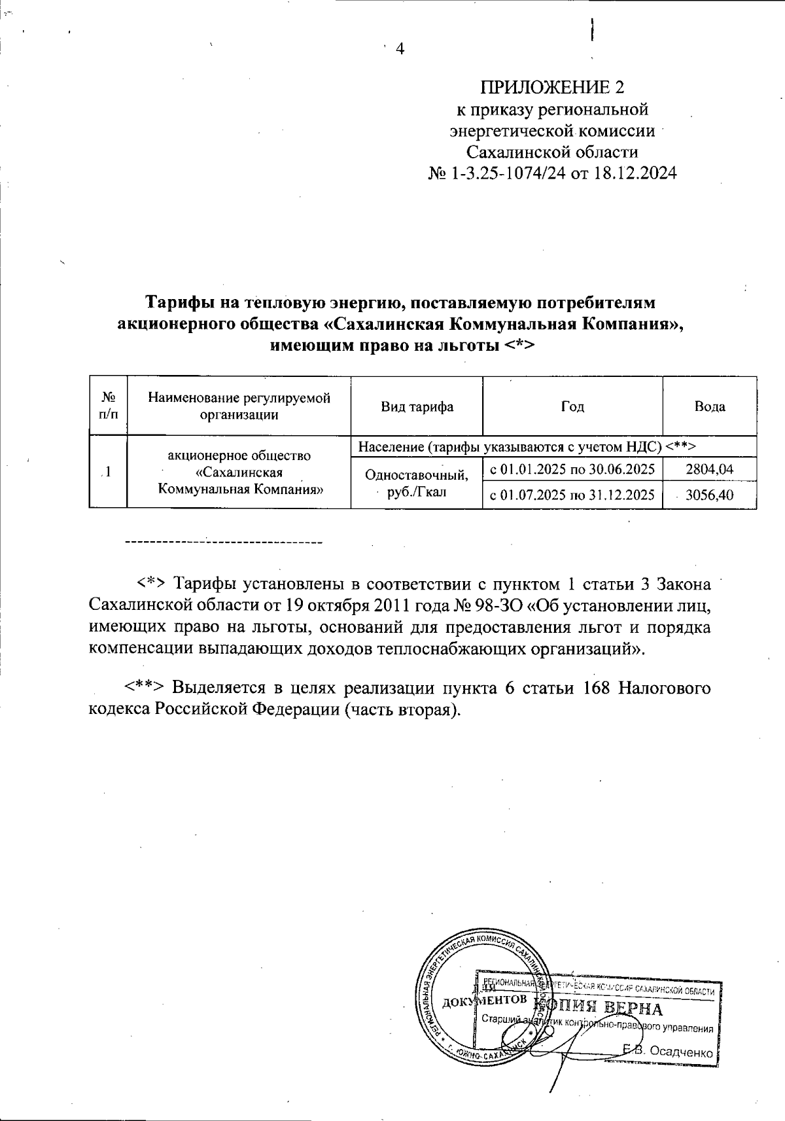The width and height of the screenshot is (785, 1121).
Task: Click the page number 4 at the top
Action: [x=401, y=49]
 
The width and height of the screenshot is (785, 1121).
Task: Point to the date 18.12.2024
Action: [x=635, y=174]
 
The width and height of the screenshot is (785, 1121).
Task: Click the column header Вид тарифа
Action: [x=417, y=406]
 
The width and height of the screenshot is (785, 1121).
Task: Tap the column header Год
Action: [x=572, y=406]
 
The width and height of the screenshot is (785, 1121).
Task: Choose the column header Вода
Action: [x=710, y=406]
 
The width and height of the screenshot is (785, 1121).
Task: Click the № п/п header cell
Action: [x=109, y=406]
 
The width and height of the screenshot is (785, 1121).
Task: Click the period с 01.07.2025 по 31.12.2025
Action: [x=572, y=495]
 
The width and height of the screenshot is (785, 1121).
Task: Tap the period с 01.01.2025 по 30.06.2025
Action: [x=572, y=469]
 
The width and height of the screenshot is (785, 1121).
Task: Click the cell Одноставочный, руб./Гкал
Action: [x=417, y=483]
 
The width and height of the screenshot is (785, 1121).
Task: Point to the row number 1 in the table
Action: [x=107, y=472]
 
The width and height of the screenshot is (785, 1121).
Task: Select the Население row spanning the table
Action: [x=527, y=446]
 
